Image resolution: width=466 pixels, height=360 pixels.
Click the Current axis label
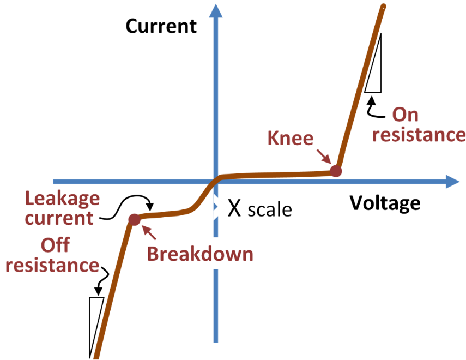point(161,26)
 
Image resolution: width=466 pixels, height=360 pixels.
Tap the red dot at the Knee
point(336,171)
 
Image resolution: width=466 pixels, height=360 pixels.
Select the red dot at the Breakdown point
point(134,219)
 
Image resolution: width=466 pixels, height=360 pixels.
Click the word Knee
point(291,138)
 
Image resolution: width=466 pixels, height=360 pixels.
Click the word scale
point(269,210)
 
